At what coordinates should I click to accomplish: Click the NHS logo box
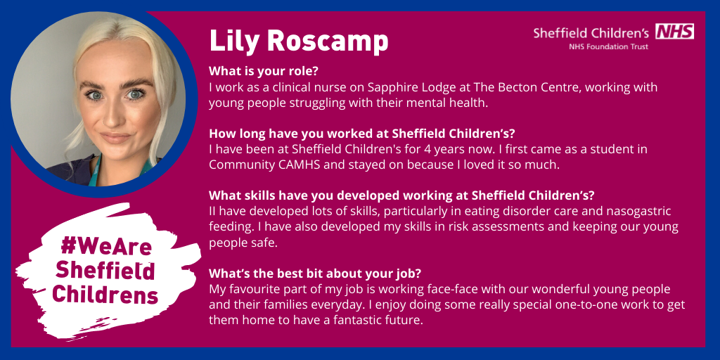click(x=674, y=31)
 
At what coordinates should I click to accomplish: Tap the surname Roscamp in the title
click(x=328, y=41)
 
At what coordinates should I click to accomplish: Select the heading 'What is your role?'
click(x=264, y=72)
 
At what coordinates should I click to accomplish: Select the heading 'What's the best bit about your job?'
click(x=315, y=274)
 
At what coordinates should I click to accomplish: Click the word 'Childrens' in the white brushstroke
click(x=105, y=295)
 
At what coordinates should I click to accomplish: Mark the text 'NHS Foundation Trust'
click(x=608, y=46)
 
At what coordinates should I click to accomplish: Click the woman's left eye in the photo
click(x=135, y=94)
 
